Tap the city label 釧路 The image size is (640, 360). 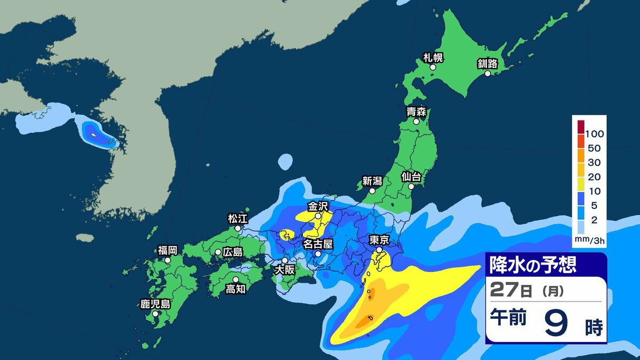[487, 64]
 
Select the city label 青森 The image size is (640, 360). [416, 112]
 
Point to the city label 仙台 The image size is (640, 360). [412, 175]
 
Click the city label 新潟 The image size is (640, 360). [372, 181]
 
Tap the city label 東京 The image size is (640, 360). [379, 240]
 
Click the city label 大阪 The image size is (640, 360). [284, 270]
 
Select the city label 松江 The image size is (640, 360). [237, 218]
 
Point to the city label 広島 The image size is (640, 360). [232, 252]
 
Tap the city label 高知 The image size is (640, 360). [235, 289]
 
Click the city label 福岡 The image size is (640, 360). [167, 250]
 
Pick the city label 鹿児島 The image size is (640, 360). [155, 305]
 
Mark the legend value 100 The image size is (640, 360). [594, 133]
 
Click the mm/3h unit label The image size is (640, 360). [589, 241]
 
